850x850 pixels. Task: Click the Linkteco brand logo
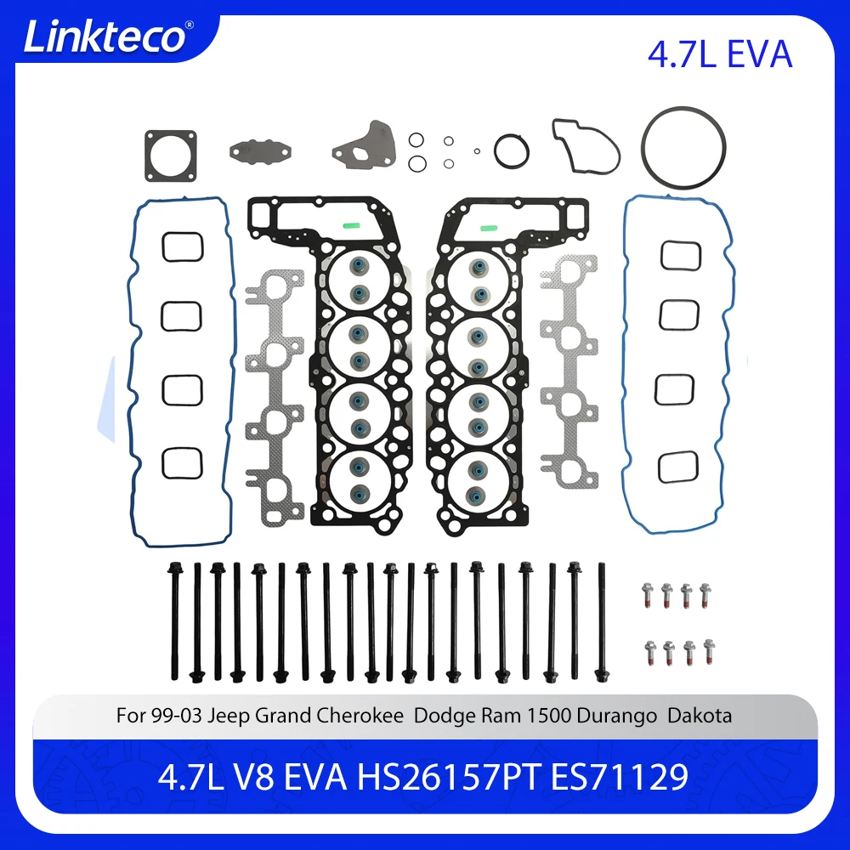[104, 38]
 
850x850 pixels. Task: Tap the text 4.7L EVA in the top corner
[719, 54]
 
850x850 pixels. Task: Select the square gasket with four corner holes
[170, 156]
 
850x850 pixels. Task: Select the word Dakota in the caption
[700, 716]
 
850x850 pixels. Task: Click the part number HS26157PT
[448, 777]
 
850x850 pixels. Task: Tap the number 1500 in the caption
[548, 716]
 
